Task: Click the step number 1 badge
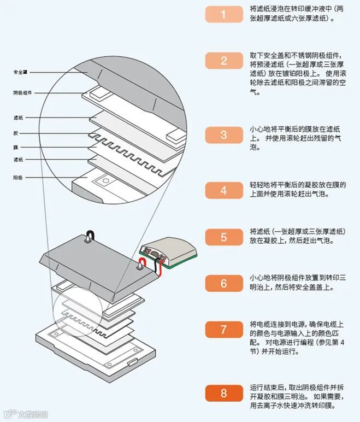tap(223, 14)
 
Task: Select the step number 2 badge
tap(223, 61)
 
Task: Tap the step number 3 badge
tap(223, 135)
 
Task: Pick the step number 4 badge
tap(223, 190)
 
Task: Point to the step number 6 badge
tap(223, 283)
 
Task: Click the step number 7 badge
tap(223, 330)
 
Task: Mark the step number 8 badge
tap(223, 392)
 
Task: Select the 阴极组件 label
tap(22, 93)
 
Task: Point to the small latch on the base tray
tap(132, 361)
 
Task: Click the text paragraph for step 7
tap(297, 337)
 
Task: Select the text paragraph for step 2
tap(297, 73)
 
